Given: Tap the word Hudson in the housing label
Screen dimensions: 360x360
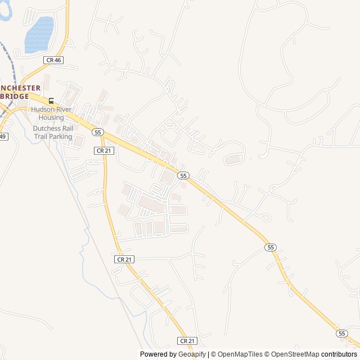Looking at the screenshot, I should pyautogui.click(x=43, y=110).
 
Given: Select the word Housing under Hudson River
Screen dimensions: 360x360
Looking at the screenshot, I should pyautogui.click(x=51, y=118).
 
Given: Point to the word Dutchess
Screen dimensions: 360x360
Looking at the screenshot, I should pyautogui.click(x=47, y=128).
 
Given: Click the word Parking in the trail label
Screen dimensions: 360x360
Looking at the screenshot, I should pyautogui.click(x=61, y=136).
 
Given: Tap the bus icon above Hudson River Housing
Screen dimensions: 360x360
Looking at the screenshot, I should pyautogui.click(x=51, y=101).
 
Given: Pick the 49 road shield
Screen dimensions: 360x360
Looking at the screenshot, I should pyautogui.click(x=3, y=137).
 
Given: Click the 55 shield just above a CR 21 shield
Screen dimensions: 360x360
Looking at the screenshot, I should pyautogui.click(x=98, y=132).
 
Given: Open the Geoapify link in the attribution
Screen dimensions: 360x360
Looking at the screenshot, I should pyautogui.click(x=193, y=354).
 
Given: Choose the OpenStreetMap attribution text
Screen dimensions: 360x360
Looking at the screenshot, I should pyautogui.click(x=294, y=354).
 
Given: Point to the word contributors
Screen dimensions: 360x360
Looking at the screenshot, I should pyautogui.click(x=339, y=354).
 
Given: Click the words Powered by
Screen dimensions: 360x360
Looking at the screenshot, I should pyautogui.click(x=158, y=354).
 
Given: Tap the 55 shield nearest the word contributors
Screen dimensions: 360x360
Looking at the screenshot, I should pyautogui.click(x=342, y=334).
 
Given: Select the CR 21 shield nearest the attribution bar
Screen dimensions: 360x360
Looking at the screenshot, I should pyautogui.click(x=187, y=341).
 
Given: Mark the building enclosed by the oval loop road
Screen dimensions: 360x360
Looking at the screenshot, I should pyautogui.click(x=233, y=160).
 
